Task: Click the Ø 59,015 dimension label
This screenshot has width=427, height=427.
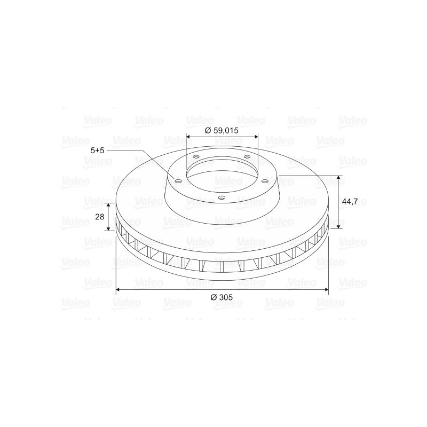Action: (222, 130)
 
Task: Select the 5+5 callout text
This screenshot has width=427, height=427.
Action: (98, 151)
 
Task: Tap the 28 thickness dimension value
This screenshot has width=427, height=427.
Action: (100, 217)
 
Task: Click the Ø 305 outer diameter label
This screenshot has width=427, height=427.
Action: (222, 297)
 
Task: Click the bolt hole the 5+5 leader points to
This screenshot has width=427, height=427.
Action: (178, 181)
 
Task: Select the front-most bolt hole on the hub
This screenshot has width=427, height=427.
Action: (222, 197)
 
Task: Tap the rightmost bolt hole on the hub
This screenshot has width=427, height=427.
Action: (265, 181)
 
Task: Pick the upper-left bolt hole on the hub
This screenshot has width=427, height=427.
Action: (196, 157)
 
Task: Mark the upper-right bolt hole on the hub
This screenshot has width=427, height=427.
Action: (247, 156)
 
